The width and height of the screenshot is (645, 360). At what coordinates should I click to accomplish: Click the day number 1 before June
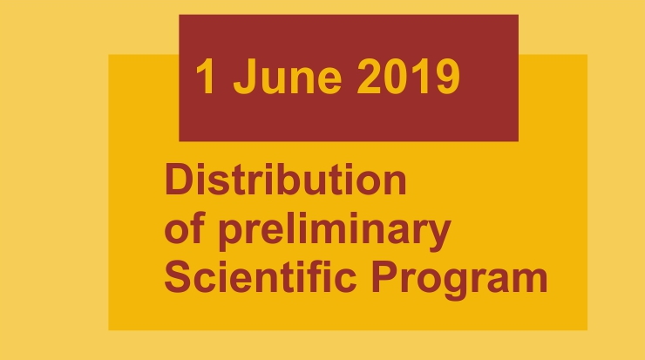(x=206, y=77)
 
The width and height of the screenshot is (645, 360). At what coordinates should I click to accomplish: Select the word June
(x=287, y=77)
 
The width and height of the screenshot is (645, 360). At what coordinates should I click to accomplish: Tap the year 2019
(x=408, y=77)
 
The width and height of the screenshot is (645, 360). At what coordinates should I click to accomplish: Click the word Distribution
(x=286, y=179)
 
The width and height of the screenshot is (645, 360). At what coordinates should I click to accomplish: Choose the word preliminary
(x=335, y=231)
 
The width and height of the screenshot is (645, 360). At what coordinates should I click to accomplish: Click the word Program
(x=459, y=280)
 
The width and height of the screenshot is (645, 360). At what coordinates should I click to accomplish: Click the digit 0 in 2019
(x=396, y=77)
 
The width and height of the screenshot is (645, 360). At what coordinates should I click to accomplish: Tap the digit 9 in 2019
(x=448, y=77)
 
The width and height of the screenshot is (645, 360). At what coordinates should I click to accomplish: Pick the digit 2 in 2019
(x=369, y=77)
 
